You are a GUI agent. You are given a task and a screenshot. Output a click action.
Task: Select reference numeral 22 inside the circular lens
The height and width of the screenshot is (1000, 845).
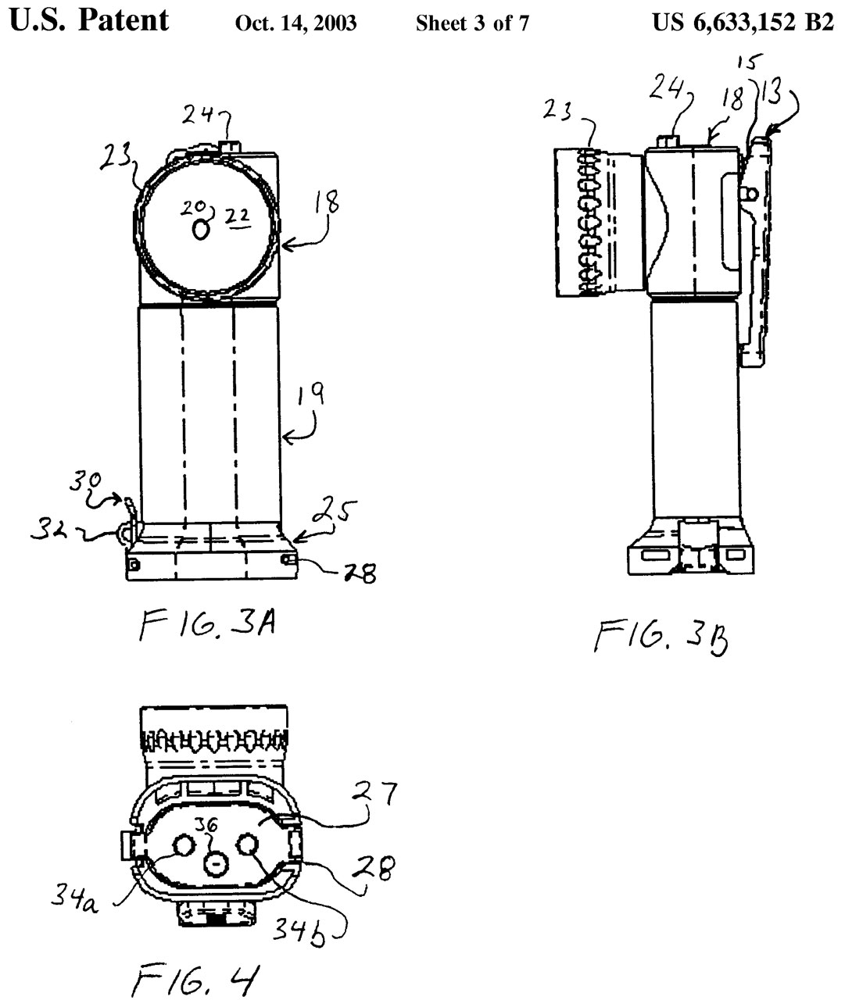(238, 218)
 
